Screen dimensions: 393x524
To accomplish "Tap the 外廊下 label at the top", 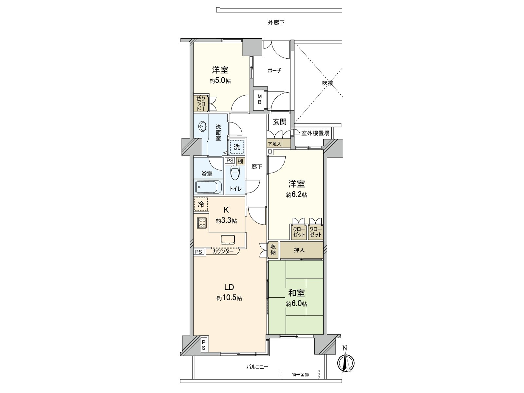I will point(276,23).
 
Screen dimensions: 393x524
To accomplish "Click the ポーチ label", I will point(274,71).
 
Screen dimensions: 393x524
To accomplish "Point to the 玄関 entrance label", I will point(280,122).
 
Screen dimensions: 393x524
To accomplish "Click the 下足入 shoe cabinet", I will point(278,143).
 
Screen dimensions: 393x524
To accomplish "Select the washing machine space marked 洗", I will point(237,147).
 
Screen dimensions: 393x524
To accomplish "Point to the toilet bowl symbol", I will point(235,173).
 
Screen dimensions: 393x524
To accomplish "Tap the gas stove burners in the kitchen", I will point(201,223).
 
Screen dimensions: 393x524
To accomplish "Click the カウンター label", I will point(223,252).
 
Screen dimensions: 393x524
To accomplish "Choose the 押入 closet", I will point(299,250).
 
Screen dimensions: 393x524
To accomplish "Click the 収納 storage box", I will point(273,250).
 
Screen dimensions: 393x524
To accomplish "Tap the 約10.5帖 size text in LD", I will point(229,298).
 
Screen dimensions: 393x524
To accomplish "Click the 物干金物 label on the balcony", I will point(300,374).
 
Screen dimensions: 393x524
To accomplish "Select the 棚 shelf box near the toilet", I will point(240,161).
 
